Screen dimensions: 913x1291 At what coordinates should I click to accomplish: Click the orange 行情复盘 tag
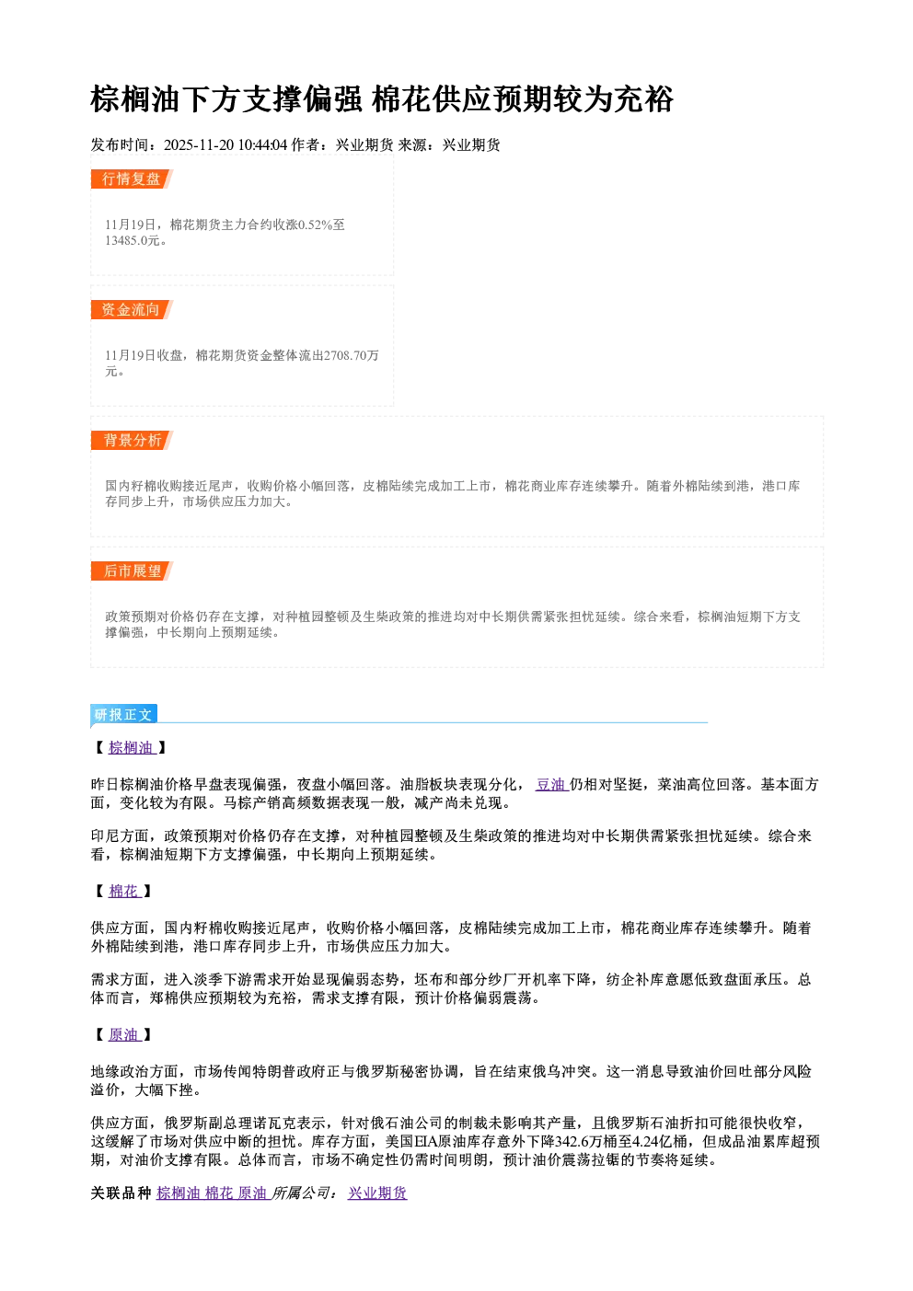pyautogui.click(x=132, y=179)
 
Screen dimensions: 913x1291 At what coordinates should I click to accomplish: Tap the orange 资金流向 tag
pyautogui.click(x=132, y=309)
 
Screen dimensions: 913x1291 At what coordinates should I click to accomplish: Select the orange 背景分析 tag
pyautogui.click(x=132, y=441)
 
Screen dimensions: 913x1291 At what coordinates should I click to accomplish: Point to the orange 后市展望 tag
pyautogui.click(x=132, y=571)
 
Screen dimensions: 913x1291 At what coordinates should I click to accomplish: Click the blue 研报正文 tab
pyautogui.click(x=123, y=715)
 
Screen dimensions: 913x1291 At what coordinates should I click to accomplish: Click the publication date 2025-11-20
pyautogui.click(x=199, y=145)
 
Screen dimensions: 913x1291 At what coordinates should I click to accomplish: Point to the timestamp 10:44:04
pyautogui.click(x=262, y=145)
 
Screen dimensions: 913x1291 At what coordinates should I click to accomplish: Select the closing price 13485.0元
pyautogui.click(x=132, y=241)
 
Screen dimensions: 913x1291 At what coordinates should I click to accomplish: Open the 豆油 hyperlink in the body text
pyautogui.click(x=551, y=784)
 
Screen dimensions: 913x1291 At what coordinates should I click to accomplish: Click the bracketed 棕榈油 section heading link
pyautogui.click(x=132, y=747)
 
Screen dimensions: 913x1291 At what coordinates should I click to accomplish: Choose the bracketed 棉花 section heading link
pyautogui.click(x=124, y=891)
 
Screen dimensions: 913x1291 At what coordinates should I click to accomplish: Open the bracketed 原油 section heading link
pyautogui.click(x=124, y=1034)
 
